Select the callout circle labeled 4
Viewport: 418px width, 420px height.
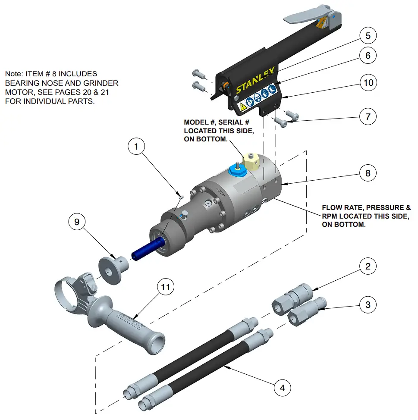[x=282, y=388]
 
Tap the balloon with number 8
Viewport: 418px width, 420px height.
[x=368, y=173]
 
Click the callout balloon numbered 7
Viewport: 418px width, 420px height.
[x=368, y=116]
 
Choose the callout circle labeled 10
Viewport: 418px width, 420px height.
[x=368, y=82]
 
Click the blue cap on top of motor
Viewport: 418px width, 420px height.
[x=236, y=170]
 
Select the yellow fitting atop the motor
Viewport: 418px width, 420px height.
[x=252, y=160]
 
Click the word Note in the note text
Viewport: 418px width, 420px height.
[x=13, y=74]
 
